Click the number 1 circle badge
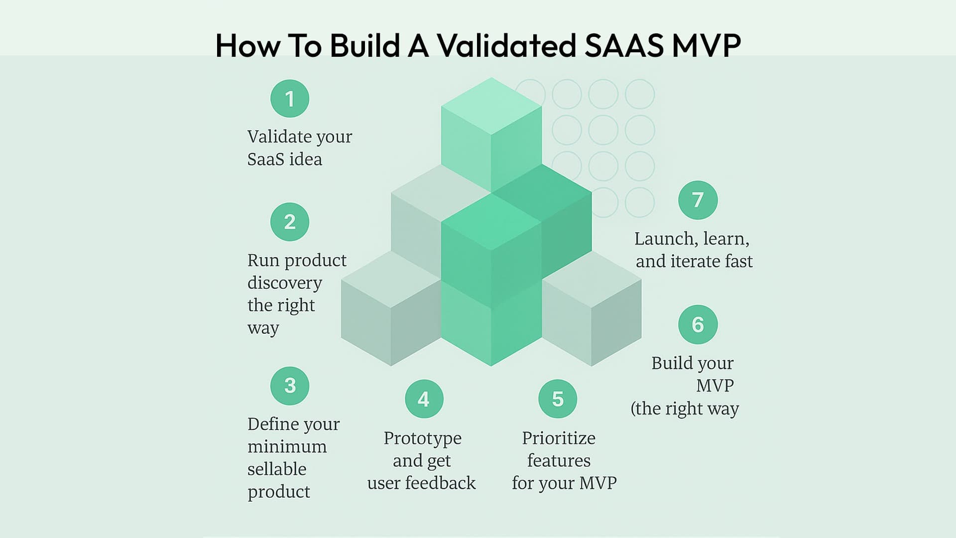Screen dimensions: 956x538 pos(290,99)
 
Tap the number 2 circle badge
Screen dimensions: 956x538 pos(290,222)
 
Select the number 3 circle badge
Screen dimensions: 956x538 pos(290,386)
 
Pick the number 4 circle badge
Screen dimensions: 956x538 pos(424,399)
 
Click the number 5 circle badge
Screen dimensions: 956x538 pos(558,399)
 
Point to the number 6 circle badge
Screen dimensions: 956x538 pos(698,325)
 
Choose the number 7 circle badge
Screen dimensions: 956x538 pos(698,200)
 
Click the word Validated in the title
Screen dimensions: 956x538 pos(506,45)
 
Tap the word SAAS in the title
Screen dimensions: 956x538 pos(624,45)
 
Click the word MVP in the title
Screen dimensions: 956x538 pos(707,45)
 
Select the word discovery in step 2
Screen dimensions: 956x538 pos(285,283)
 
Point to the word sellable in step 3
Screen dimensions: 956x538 pos(277,469)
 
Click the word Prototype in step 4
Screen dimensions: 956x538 pos(423,439)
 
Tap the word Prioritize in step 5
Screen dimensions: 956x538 pos(559,438)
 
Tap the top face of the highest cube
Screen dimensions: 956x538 pos(491,106)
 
